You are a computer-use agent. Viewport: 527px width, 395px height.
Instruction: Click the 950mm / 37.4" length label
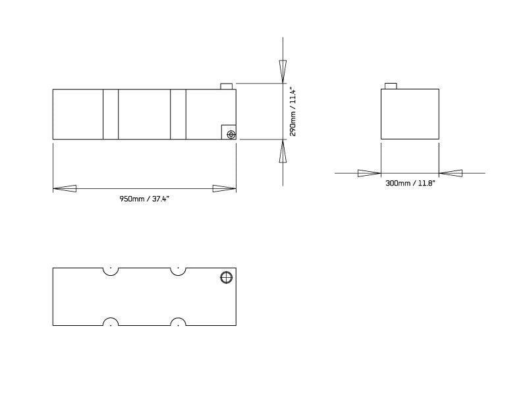click(x=144, y=199)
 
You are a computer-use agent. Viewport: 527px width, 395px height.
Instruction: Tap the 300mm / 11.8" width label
click(x=410, y=184)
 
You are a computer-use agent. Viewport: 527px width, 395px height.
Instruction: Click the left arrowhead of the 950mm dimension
click(x=65, y=189)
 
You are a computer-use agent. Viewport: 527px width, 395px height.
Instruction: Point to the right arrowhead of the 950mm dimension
click(x=225, y=189)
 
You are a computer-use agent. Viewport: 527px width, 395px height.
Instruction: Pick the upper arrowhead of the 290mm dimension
click(x=283, y=71)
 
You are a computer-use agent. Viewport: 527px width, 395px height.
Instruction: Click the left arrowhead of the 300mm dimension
click(x=369, y=173)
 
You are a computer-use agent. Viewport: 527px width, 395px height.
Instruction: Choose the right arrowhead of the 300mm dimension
click(x=451, y=173)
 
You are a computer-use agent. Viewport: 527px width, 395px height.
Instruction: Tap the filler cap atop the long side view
click(x=226, y=86)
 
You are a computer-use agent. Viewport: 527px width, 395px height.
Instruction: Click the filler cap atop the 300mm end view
click(x=390, y=86)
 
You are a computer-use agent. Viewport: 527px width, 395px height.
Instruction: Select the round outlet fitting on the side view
click(x=231, y=134)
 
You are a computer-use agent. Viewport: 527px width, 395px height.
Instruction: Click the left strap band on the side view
click(x=111, y=114)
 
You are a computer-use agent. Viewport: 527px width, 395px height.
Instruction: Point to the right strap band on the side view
click(x=178, y=114)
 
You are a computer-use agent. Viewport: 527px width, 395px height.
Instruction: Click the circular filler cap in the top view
click(x=226, y=277)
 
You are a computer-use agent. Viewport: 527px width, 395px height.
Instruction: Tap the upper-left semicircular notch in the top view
click(x=111, y=271)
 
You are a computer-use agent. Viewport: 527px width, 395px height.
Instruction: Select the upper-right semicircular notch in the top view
click(x=177, y=271)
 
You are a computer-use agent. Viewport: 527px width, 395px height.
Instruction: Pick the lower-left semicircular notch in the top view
click(x=111, y=323)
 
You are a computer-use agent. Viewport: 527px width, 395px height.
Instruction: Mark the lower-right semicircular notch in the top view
click(x=177, y=323)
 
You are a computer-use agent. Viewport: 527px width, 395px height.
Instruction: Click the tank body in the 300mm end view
click(x=410, y=115)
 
